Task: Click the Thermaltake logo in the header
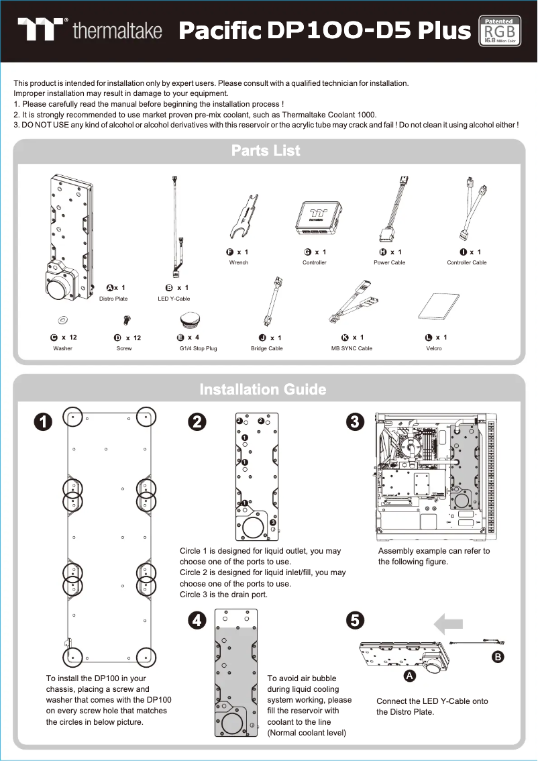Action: [x=90, y=31]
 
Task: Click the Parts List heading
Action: [x=266, y=151]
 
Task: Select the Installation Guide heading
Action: [x=263, y=390]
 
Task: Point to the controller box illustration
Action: [x=315, y=217]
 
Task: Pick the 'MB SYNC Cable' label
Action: [x=352, y=349]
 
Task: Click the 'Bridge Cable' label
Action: [x=266, y=349]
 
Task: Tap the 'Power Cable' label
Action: [x=389, y=262]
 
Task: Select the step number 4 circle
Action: [x=196, y=621]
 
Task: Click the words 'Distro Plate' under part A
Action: [x=113, y=299]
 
